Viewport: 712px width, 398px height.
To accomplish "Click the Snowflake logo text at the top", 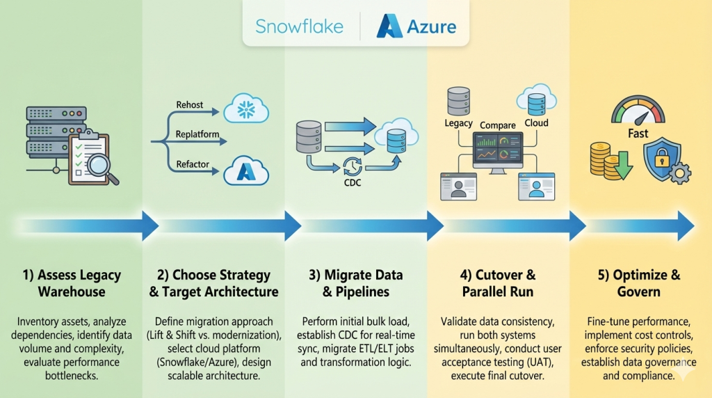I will pos(299,27).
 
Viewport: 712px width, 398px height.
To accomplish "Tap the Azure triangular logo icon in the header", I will pos(389,26).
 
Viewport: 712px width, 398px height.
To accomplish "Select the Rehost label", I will pos(189,105).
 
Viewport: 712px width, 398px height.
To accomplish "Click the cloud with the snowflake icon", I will pos(245,110).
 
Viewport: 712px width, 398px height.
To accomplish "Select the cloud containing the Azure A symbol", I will pos(245,170).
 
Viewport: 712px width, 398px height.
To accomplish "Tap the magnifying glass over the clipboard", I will pos(102,167).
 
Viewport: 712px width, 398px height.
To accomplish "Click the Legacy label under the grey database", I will pos(458,123).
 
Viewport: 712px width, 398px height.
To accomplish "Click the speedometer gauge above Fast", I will pos(638,111).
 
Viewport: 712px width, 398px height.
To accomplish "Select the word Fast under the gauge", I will pos(638,133).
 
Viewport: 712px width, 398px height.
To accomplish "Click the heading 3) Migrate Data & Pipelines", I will pos(355,283).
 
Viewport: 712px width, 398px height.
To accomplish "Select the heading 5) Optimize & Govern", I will pos(639,283).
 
